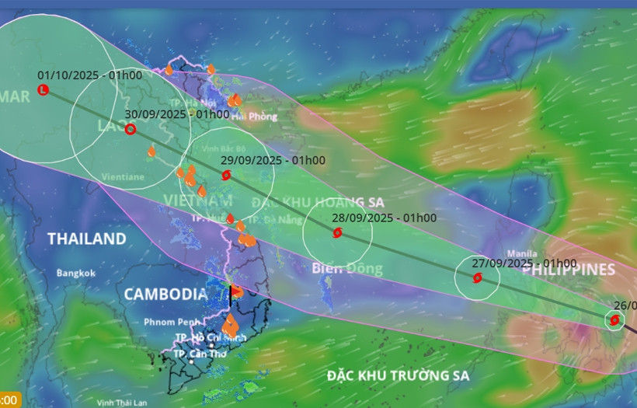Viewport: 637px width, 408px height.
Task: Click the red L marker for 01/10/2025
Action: [x=43, y=91]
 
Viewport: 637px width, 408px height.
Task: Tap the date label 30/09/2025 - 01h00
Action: [x=177, y=114]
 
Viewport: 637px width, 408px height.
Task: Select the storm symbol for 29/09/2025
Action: [x=226, y=176]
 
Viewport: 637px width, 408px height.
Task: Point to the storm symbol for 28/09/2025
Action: [x=338, y=232]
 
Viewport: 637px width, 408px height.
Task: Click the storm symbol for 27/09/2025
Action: [x=477, y=277]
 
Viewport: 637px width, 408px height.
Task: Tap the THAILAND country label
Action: [x=86, y=239]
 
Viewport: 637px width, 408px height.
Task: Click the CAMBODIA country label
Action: [x=165, y=295]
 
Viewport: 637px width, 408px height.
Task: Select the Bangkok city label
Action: [x=76, y=273]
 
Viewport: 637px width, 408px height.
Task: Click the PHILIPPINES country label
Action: [x=575, y=270]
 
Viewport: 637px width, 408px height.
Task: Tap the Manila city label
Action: [x=521, y=253]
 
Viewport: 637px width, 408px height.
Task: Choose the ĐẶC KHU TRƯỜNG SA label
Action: [x=398, y=375]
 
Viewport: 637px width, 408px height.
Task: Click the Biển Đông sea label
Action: [x=347, y=269]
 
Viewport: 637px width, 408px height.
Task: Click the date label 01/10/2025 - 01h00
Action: [x=89, y=75]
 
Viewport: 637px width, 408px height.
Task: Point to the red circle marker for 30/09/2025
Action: [x=131, y=129]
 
